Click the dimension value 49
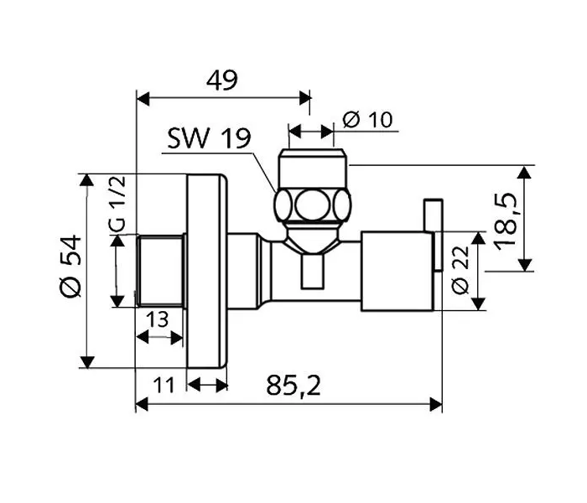[221, 80]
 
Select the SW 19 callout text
[209, 138]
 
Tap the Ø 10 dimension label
[367, 120]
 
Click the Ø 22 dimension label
[460, 270]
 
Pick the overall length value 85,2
[293, 386]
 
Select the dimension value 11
[164, 385]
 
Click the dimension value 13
[158, 319]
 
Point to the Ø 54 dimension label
[70, 266]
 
